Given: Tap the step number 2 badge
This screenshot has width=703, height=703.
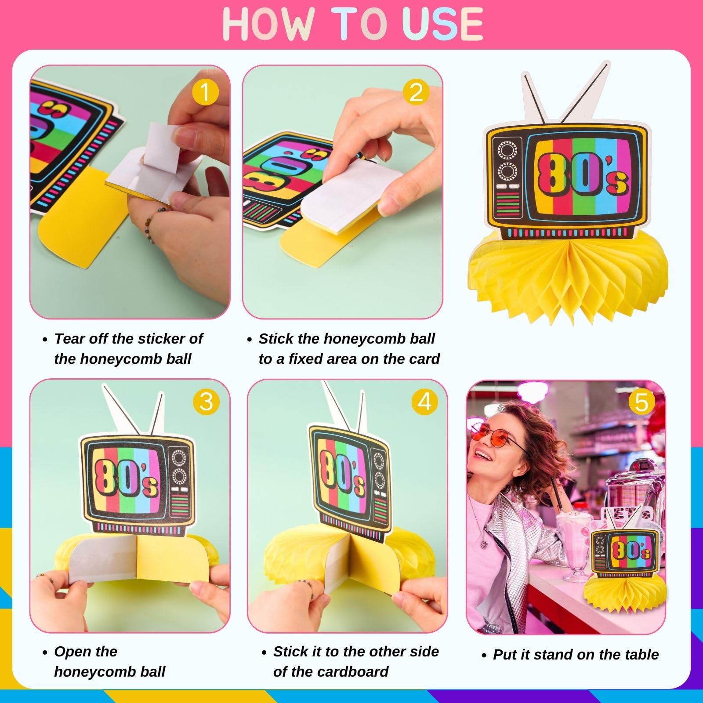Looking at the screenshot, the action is coord(416,93).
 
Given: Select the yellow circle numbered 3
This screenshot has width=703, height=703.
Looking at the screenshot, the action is coord(206,402).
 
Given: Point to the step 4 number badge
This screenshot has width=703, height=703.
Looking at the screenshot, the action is coord(424,402).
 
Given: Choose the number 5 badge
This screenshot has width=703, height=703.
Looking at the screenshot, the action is coord(641,402).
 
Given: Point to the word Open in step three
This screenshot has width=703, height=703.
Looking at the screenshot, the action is coord(73,652).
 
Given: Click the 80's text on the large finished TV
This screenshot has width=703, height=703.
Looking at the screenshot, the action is coord(581,174).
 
